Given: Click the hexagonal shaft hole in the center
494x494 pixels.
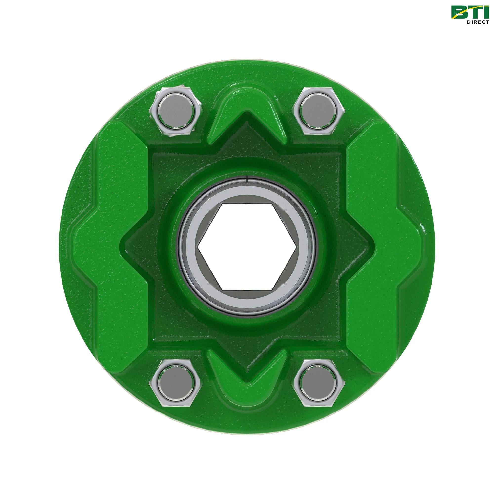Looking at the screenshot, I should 247,247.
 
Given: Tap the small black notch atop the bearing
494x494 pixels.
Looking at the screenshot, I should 247,179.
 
